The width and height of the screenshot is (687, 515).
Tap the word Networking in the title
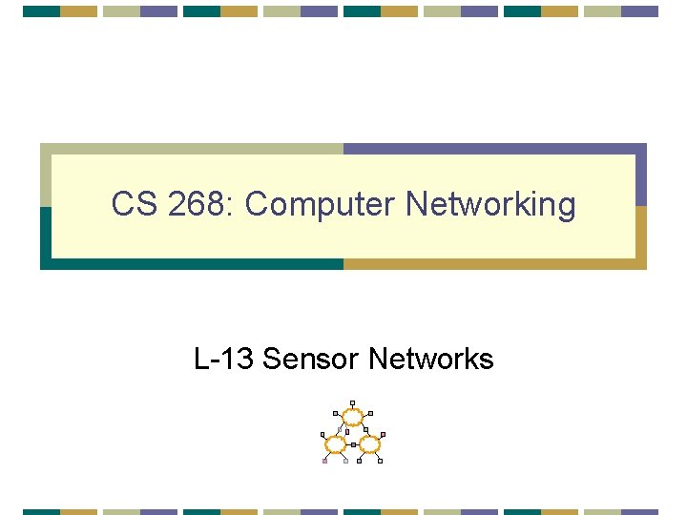[x=490, y=205]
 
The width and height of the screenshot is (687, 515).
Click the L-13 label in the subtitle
[x=223, y=360]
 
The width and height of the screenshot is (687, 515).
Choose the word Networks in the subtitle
[x=430, y=360]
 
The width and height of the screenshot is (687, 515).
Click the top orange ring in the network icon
[x=352, y=416]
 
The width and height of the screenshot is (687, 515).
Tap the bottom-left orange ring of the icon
[x=335, y=444]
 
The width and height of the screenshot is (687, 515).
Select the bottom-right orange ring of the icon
[x=369, y=444]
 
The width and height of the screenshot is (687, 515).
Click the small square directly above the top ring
[x=352, y=402]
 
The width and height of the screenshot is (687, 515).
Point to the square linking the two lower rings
[x=352, y=444]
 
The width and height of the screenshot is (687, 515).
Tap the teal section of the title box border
[x=191, y=264]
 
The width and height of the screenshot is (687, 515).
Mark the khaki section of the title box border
[x=191, y=149]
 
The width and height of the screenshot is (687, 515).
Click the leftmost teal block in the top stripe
[x=41, y=11]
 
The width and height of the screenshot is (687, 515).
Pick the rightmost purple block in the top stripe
[x=640, y=11]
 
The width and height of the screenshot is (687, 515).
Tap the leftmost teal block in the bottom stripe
[x=41, y=511]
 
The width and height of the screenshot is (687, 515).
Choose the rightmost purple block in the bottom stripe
[x=640, y=511]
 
